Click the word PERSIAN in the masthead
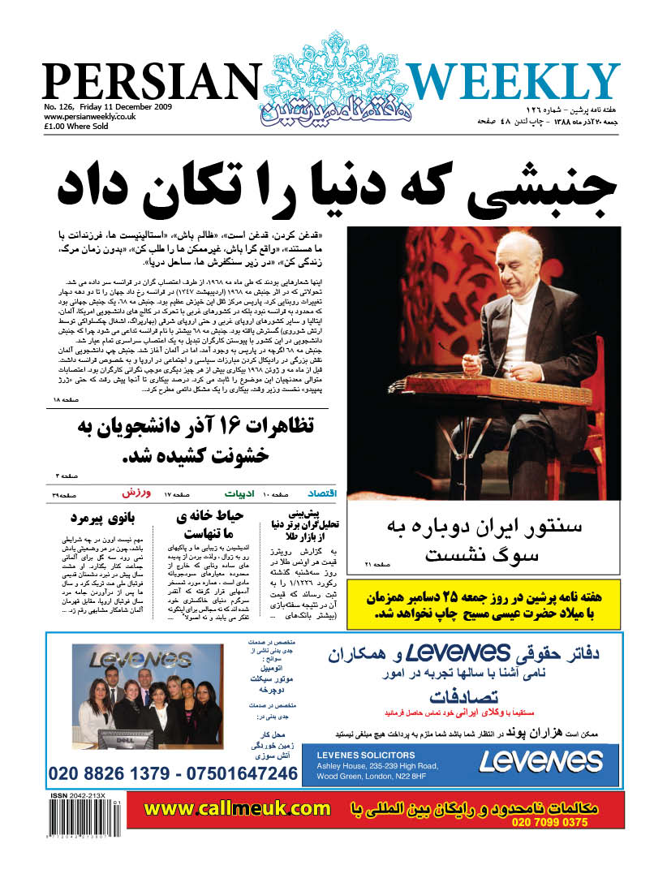coord(149,81)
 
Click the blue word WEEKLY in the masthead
coord(513,82)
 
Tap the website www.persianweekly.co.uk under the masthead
coord(89,116)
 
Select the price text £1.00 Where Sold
coord(79,126)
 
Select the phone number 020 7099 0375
coord(549,822)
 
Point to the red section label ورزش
coord(135,493)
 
